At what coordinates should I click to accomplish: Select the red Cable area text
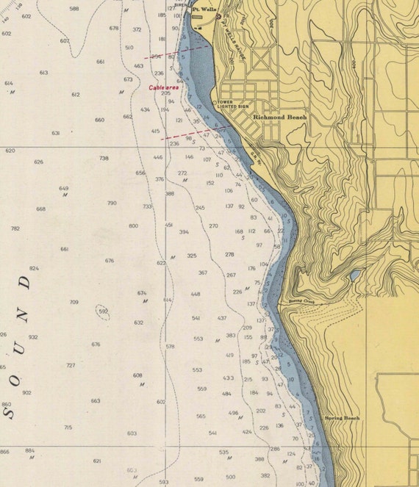[164, 87]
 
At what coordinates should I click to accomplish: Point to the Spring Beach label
[342, 418]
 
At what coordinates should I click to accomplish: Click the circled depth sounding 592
[104, 311]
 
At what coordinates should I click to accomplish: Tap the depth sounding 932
[33, 337]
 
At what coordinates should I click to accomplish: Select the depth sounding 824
[34, 269]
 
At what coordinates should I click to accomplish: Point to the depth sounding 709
[74, 302]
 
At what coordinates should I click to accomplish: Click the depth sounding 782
[15, 228]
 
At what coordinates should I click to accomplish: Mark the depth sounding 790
[112, 203]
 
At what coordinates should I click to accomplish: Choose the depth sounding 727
[71, 365]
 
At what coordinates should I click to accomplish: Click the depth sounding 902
[27, 392]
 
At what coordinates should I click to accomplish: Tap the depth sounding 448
[196, 294]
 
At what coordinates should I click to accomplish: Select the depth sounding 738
[104, 158]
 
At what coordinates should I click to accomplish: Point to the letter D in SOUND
[27, 281]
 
